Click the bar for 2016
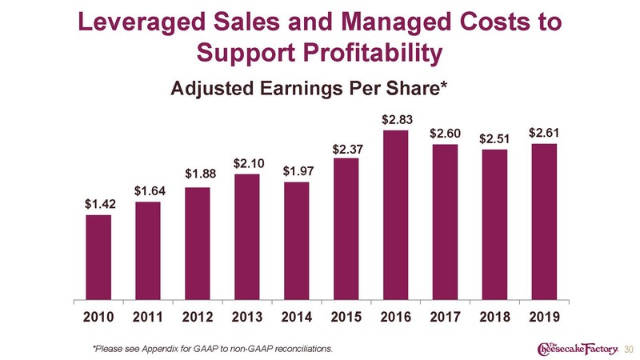pos(395,215)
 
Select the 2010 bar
pos(98,258)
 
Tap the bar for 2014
pos(297,241)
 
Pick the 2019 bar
pos(544,222)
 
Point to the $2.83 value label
pos(397,119)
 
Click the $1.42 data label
pos(101,204)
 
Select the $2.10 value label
pos(249,164)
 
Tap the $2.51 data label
pos(494,139)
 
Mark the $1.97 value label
pos(298,171)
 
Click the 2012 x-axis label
pos(198,317)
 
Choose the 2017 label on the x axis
pos(446,317)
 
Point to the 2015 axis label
pos(346,317)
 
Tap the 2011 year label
pos(148,317)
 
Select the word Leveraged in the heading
pos(142,22)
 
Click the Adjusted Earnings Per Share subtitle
pos(310,88)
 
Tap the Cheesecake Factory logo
pos(578,348)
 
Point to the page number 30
pos(629,350)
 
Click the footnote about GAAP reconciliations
pos(213,349)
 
